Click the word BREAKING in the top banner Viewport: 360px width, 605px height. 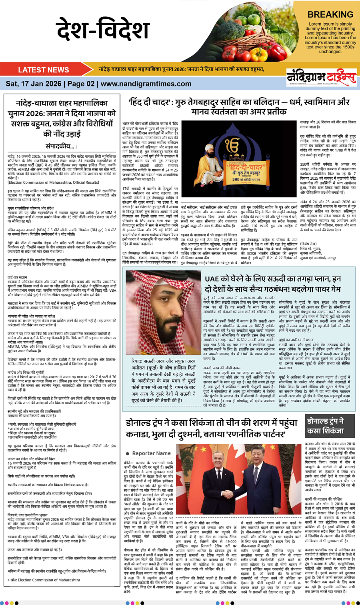[x=330, y=15]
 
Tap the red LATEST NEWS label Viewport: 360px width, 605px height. [x=43, y=70]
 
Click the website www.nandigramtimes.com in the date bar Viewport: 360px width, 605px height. [x=146, y=84]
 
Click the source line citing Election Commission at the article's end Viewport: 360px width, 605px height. [x=44, y=580]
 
